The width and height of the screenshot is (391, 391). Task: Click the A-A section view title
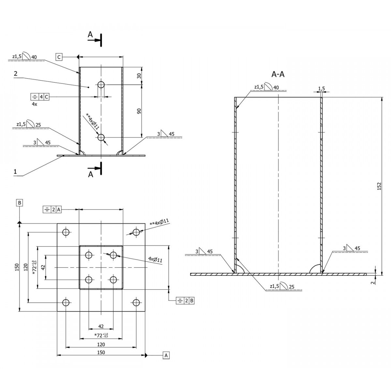click(x=278, y=75)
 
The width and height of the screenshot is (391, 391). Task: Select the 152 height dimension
click(x=379, y=186)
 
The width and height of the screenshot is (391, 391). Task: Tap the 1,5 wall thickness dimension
click(x=321, y=89)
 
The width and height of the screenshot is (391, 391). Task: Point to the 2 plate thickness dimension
click(x=373, y=282)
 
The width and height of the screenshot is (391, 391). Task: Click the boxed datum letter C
click(x=59, y=57)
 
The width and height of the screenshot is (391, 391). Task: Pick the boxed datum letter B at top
click(x=20, y=203)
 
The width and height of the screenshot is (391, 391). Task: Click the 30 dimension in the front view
click(x=139, y=76)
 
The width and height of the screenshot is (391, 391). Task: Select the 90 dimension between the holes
click(x=139, y=111)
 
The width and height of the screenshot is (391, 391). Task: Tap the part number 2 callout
click(x=15, y=73)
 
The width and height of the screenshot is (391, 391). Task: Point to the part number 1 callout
click(x=15, y=172)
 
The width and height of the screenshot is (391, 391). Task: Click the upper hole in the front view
click(x=101, y=85)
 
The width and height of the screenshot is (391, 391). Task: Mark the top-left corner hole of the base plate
click(x=66, y=232)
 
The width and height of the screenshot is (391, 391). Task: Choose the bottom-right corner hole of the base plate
click(x=136, y=302)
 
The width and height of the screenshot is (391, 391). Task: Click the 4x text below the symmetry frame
click(x=35, y=104)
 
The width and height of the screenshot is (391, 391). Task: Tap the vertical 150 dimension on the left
click(x=17, y=267)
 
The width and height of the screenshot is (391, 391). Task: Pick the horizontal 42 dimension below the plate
click(x=101, y=326)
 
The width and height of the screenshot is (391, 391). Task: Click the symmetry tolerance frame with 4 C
click(x=40, y=97)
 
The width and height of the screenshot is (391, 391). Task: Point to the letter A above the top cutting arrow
click(x=90, y=35)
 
